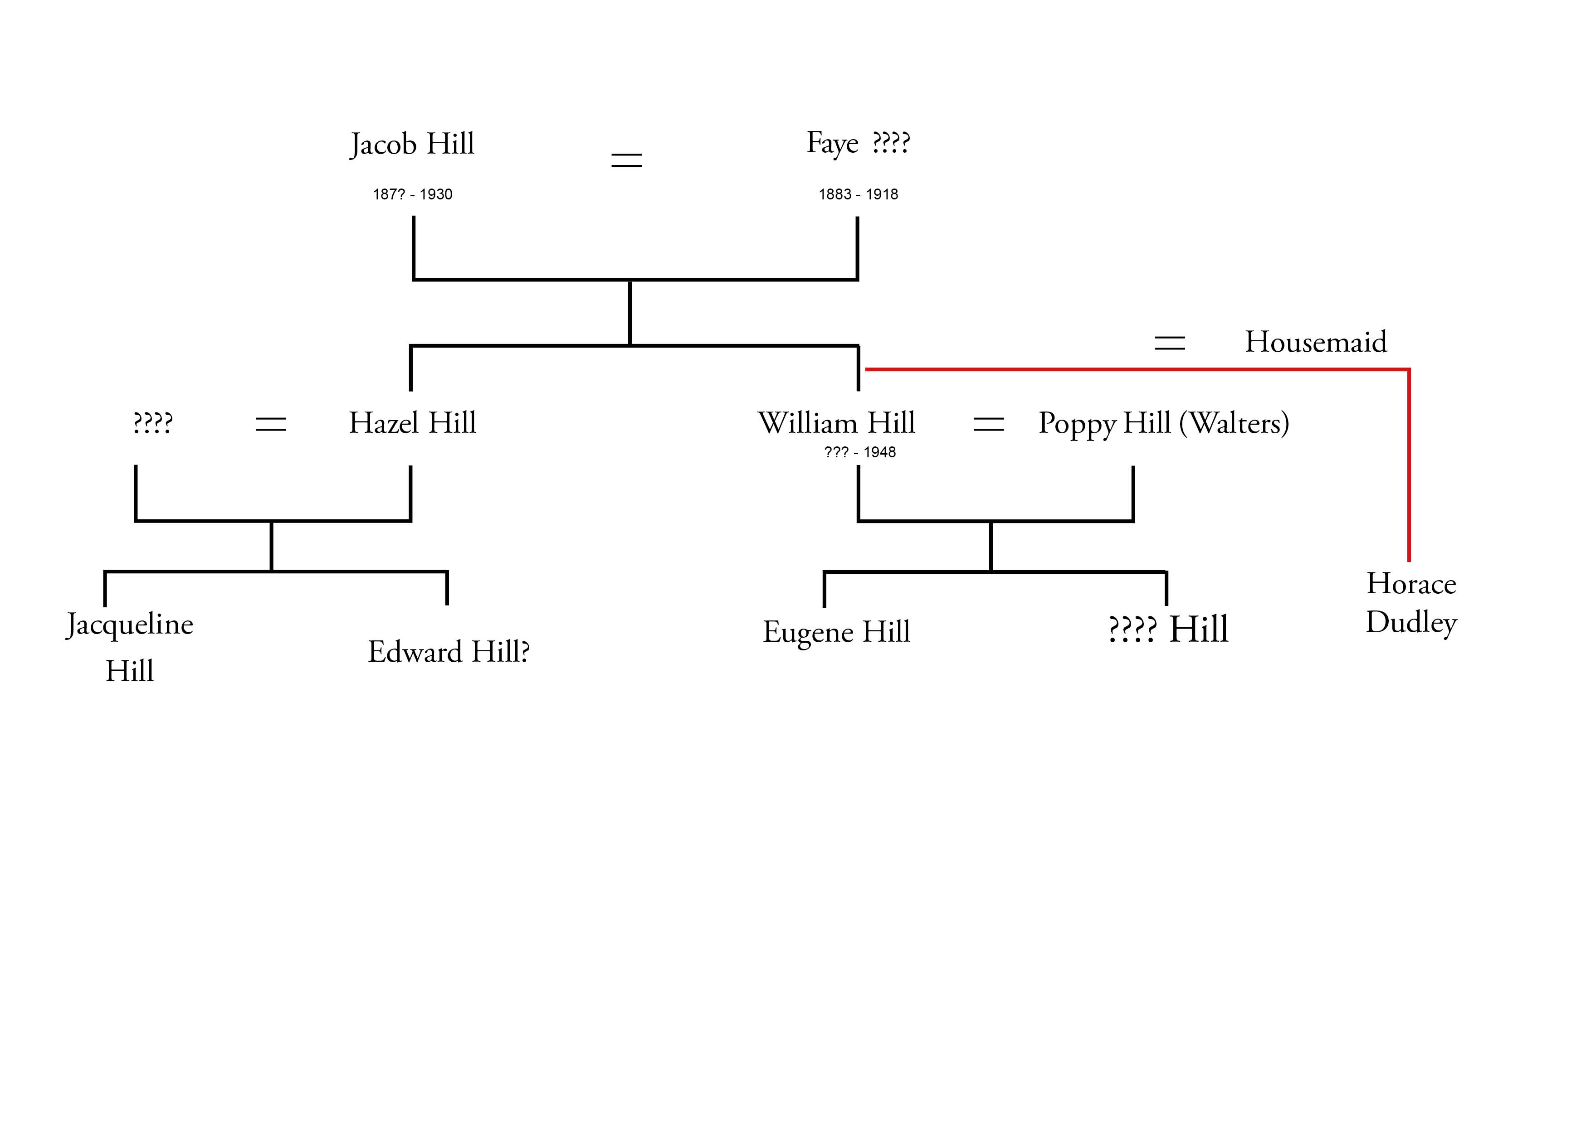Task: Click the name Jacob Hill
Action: pyautogui.click(x=412, y=145)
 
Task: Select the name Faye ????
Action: pyautogui.click(x=858, y=143)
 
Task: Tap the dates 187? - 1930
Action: pyautogui.click(x=412, y=194)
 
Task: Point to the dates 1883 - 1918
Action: pyautogui.click(x=858, y=194)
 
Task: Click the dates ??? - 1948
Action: pyautogui.click(x=859, y=453)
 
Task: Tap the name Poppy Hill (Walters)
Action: pyautogui.click(x=1163, y=423)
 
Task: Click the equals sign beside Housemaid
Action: pyautogui.click(x=1170, y=343)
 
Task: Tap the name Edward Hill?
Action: pyautogui.click(x=449, y=652)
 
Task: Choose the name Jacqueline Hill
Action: pyautogui.click(x=130, y=647)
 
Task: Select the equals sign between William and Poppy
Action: pyautogui.click(x=988, y=424)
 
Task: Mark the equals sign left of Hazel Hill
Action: pyautogui.click(x=271, y=424)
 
